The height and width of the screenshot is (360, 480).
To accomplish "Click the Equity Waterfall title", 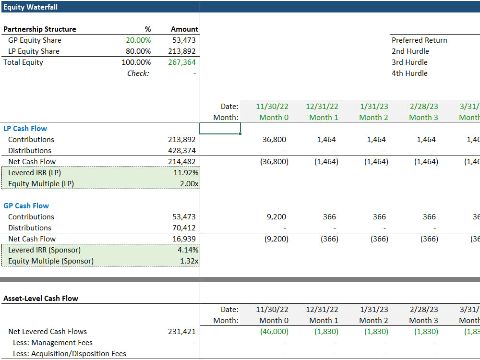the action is pyautogui.click(x=30, y=7).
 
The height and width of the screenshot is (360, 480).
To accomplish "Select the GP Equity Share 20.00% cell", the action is pyautogui.click(x=138, y=40).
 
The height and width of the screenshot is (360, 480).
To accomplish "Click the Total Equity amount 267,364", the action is pyautogui.click(x=182, y=62).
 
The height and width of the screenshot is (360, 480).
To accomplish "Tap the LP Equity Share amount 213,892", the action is pyautogui.click(x=182, y=51).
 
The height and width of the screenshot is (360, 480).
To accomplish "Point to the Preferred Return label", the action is pyautogui.click(x=420, y=40).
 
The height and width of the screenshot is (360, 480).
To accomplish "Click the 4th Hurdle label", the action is pyautogui.click(x=409, y=73).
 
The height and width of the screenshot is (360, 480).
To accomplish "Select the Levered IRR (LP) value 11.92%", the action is pyautogui.click(x=186, y=173).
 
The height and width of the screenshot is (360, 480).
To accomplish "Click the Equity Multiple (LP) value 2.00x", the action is pyautogui.click(x=189, y=184).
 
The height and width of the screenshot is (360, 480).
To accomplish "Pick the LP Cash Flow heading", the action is pyautogui.click(x=25, y=129).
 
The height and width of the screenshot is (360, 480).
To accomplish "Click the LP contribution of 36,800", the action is pyautogui.click(x=274, y=140).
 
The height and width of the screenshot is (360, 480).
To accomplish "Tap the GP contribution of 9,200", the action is pyautogui.click(x=276, y=217).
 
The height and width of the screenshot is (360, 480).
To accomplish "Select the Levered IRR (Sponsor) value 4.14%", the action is pyautogui.click(x=188, y=250).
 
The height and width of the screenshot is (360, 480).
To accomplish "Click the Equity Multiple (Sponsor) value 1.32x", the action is pyautogui.click(x=189, y=261).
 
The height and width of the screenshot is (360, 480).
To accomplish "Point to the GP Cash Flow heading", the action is pyautogui.click(x=26, y=206).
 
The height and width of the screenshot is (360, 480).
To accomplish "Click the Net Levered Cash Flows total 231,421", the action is pyautogui.click(x=182, y=332).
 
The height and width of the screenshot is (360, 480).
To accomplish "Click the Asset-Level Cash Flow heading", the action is pyautogui.click(x=41, y=299).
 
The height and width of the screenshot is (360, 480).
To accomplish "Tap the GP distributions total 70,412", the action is pyautogui.click(x=184, y=228).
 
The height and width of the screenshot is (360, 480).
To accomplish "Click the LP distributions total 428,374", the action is pyautogui.click(x=182, y=151).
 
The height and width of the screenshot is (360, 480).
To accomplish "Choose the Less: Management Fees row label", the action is pyautogui.click(x=53, y=343).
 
